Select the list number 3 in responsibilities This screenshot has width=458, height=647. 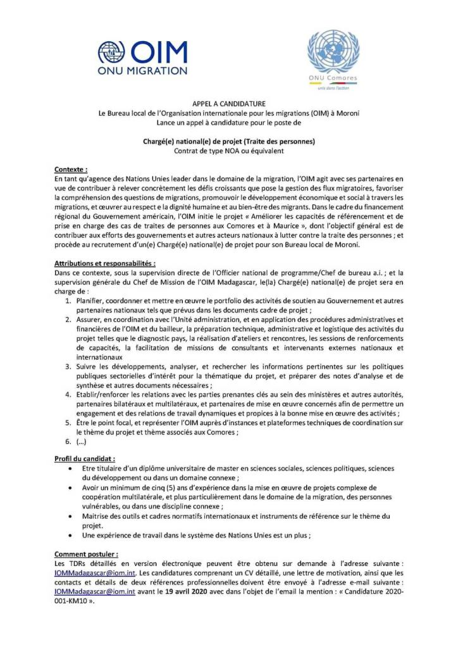click(x=69, y=366)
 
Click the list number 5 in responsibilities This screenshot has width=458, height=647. click(x=69, y=422)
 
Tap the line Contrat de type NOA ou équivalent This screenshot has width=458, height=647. click(x=228, y=151)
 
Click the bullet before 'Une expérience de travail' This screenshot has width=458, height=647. click(x=69, y=535)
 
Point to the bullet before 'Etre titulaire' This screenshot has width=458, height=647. click(x=69, y=469)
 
